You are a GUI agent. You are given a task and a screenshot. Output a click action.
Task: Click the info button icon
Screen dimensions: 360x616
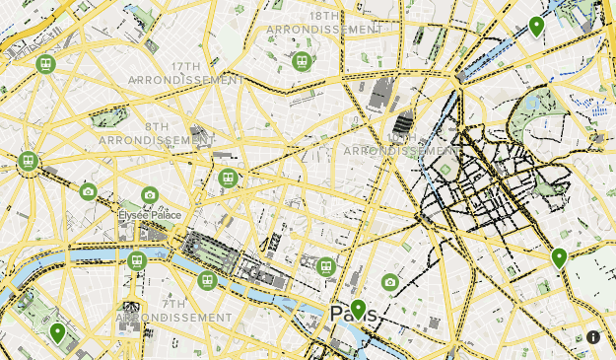click(x=593, y=337)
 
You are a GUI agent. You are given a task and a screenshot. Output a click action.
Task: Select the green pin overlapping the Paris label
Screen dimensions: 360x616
click(x=358, y=310)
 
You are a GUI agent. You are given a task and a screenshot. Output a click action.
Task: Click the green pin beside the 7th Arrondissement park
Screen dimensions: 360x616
click(x=58, y=333)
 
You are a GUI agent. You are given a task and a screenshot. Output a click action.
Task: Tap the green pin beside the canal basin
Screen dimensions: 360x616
click(x=536, y=26)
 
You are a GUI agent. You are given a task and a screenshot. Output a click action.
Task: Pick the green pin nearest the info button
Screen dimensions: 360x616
click(x=559, y=258)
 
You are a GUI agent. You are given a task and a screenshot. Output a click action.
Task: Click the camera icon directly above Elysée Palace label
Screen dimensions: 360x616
click(x=150, y=195)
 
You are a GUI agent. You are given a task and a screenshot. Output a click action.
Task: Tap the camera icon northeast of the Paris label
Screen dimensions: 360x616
click(x=390, y=282)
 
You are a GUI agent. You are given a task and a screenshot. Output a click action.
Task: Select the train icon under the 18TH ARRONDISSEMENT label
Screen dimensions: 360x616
click(x=302, y=61)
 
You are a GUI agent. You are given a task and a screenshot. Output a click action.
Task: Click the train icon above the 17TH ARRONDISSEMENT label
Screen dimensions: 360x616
click(x=44, y=64)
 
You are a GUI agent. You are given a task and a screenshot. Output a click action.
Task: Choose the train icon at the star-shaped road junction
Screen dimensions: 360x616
click(x=28, y=161)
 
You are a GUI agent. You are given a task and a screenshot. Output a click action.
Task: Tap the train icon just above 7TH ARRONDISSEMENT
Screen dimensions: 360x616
click(x=206, y=281)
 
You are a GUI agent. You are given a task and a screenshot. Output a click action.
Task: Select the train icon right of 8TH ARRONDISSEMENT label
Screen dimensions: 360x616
click(x=229, y=179)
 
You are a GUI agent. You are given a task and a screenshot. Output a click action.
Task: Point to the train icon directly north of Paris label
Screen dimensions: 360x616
click(x=326, y=265)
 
